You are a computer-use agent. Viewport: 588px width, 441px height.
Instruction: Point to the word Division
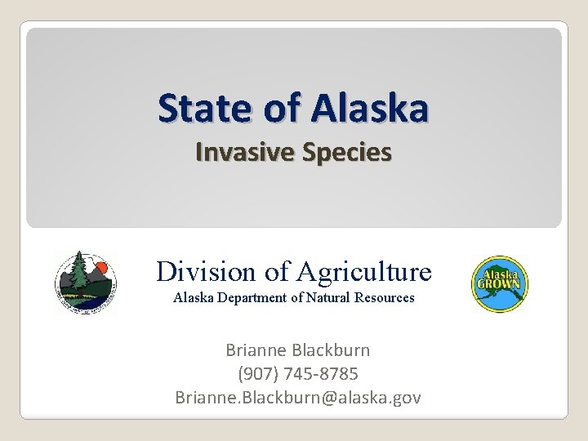coord(206,270)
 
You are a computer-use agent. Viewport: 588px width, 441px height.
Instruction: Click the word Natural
coord(324,299)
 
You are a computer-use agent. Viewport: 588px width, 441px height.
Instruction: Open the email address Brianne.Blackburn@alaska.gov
coord(298,397)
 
